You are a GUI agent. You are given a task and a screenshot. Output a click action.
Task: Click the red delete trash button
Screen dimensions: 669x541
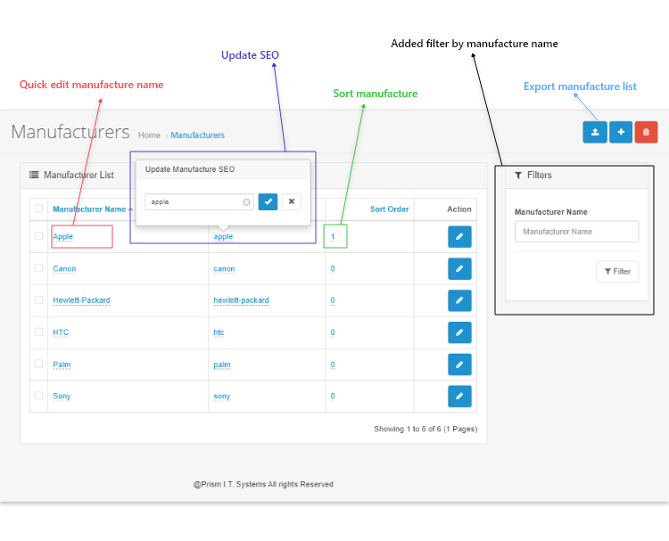pyautogui.click(x=646, y=132)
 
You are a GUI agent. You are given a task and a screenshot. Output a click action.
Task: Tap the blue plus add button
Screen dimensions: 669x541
pyautogui.click(x=621, y=132)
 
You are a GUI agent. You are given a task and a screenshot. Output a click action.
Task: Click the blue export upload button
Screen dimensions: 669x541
pyautogui.click(x=595, y=132)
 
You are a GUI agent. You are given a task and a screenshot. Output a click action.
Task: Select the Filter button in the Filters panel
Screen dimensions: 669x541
pyautogui.click(x=617, y=272)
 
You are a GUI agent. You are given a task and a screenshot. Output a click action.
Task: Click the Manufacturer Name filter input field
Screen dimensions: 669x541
pyautogui.click(x=576, y=232)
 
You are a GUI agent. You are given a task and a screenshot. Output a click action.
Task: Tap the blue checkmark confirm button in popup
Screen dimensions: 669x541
pyautogui.click(x=268, y=201)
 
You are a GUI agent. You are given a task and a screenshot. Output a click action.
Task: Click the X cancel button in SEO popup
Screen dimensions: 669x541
pyautogui.click(x=292, y=201)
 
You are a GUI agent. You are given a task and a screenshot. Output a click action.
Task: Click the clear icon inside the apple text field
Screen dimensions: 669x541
pyautogui.click(x=246, y=202)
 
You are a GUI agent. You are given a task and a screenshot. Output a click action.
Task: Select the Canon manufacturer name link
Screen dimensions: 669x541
pyautogui.click(x=64, y=268)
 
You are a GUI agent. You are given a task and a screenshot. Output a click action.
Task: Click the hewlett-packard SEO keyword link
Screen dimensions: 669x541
pyautogui.click(x=241, y=300)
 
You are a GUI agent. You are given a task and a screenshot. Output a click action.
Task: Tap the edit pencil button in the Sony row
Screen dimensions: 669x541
pyautogui.click(x=459, y=396)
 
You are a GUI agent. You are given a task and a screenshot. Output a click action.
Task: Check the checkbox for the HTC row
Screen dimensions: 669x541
pyautogui.click(x=39, y=332)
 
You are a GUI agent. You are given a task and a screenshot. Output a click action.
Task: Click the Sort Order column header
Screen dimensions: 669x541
pyautogui.click(x=389, y=209)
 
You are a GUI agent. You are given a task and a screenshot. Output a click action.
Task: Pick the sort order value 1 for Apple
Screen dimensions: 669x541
pyautogui.click(x=333, y=236)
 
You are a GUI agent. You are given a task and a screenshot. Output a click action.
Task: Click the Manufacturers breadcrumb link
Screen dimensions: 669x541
pyautogui.click(x=197, y=135)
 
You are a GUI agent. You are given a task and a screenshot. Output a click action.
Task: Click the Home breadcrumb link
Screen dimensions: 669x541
pyautogui.click(x=149, y=135)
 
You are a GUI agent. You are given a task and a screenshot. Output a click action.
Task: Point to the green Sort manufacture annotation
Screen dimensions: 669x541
pyautogui.click(x=376, y=94)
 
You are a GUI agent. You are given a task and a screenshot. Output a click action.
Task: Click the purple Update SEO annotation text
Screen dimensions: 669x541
pyautogui.click(x=250, y=55)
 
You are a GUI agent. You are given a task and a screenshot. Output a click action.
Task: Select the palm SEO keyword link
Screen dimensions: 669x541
pyautogui.click(x=222, y=365)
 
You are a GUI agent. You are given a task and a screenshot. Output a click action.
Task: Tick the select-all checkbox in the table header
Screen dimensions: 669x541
pyautogui.click(x=39, y=208)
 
